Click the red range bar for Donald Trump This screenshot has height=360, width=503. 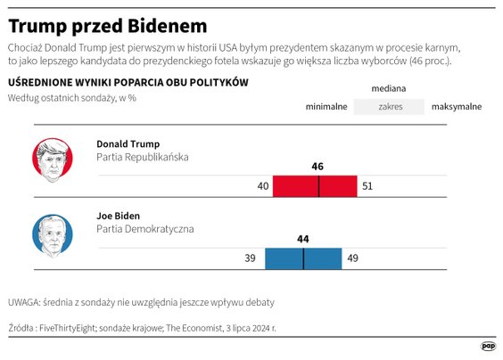pos(315,186)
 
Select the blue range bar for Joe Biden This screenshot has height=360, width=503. pos(303,258)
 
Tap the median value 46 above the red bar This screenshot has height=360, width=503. pos(318,167)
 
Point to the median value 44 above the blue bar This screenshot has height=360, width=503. pos(303,239)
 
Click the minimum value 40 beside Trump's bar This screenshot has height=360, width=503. pos(262,186)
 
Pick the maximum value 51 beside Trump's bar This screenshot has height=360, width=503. pos(367,186)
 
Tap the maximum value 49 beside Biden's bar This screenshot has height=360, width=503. pos(351,258)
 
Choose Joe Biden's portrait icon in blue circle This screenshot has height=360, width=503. pos(53,233)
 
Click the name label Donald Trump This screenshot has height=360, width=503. pos(128,143)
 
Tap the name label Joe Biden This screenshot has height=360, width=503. pos(119,216)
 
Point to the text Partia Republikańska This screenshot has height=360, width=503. pos(143,157)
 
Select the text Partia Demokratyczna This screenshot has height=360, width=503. pos(144,229)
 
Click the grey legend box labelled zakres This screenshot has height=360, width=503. pos(389,107)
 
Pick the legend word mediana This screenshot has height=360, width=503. pos(389,89)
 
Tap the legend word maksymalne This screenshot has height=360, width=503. pos(457,107)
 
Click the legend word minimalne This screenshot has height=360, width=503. pos(326,107)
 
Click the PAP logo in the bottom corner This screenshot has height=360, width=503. pos(489,347)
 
